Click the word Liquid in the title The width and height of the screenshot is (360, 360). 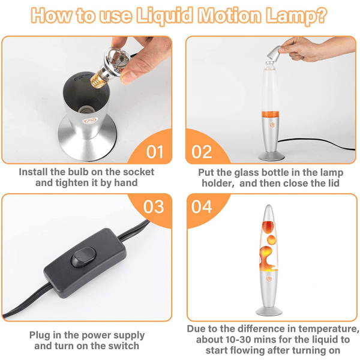tap(164, 16)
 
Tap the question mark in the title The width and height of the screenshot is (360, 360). tap(320, 15)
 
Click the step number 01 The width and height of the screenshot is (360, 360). tap(155, 152)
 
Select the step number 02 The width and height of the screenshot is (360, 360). tap(202, 152)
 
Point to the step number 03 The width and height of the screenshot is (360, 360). tap(154, 206)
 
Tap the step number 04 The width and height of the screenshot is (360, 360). tap(202, 206)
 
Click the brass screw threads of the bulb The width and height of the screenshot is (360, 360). tap(97, 81)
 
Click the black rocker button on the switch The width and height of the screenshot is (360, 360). tap(83, 257)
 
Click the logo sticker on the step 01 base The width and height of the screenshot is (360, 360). tap(91, 121)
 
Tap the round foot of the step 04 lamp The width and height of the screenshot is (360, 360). tap(269, 311)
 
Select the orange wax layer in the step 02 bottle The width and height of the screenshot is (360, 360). tap(271, 114)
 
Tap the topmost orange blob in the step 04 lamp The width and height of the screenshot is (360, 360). tap(268, 227)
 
